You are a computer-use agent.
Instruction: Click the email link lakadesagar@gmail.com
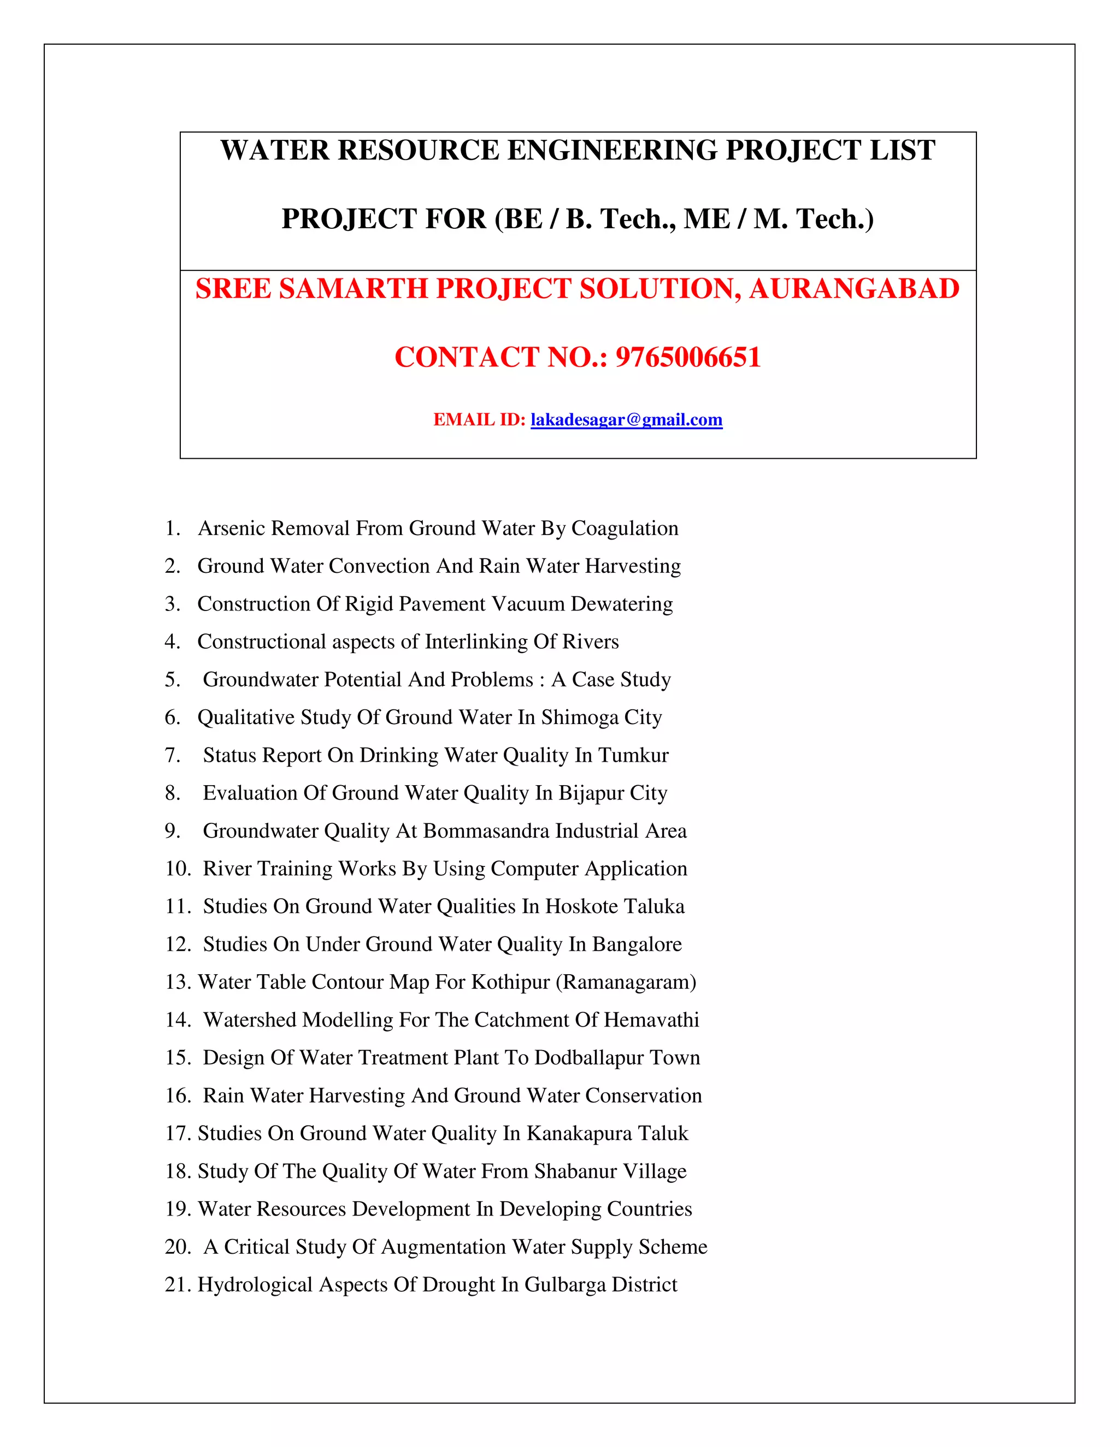[x=627, y=420]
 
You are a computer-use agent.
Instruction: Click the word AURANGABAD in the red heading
[x=854, y=289]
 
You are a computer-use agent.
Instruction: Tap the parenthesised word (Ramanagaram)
[x=626, y=982]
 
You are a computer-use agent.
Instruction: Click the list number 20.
[x=177, y=1247]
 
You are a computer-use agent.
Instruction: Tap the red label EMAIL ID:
[x=479, y=420]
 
